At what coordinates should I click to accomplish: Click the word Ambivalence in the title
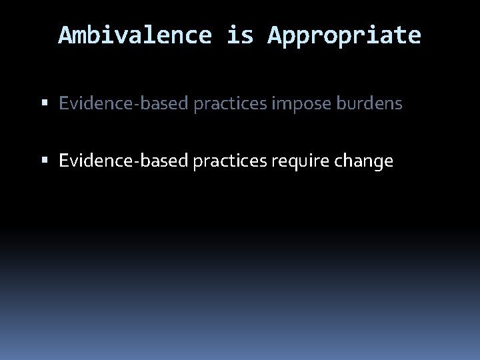135,35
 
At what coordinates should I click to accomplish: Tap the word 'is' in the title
239,35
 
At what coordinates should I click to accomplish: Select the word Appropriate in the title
344,35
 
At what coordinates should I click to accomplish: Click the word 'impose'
297,104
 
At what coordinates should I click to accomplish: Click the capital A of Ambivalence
65,35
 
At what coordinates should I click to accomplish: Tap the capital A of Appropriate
275,35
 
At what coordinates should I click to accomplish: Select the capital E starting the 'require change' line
64,161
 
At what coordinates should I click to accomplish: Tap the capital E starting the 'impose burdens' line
64,104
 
